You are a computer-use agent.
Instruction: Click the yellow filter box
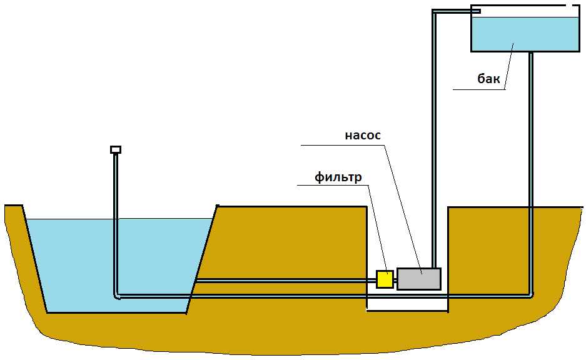tap(385, 279)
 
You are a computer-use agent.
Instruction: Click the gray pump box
tap(418, 279)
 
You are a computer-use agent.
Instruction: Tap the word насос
tap(362, 136)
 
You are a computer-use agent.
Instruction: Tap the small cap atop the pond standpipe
tap(115, 149)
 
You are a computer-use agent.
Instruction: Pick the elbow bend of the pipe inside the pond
tap(117, 294)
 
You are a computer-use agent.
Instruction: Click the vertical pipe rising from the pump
tap(433, 156)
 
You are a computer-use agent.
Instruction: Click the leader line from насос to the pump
tap(400, 206)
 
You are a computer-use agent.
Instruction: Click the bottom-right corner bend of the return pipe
tap(530, 294)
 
